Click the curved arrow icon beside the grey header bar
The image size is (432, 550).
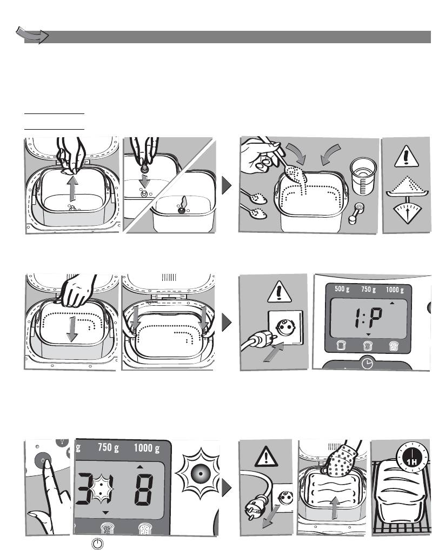pyautogui.click(x=32, y=35)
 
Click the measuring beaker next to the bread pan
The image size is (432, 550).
pyautogui.click(x=363, y=176)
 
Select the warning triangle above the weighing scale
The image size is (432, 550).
pyautogui.click(x=407, y=157)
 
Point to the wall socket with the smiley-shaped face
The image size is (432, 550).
pyautogui.click(x=285, y=327)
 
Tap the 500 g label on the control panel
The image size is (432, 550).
pyautogui.click(x=342, y=289)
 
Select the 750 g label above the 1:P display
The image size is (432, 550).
pyautogui.click(x=369, y=290)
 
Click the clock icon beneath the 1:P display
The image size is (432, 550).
pyautogui.click(x=367, y=364)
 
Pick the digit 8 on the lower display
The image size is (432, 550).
pyautogui.click(x=144, y=489)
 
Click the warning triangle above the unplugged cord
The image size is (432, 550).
pyautogui.click(x=267, y=457)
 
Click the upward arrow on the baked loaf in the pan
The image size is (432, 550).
pyautogui.click(x=335, y=507)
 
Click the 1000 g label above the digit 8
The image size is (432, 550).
pyautogui.click(x=147, y=448)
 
